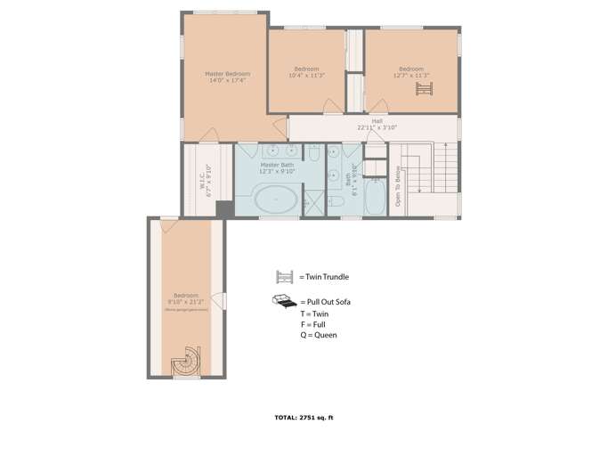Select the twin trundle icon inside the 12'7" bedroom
point(424,89)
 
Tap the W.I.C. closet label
point(205,179)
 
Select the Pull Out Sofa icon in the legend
point(285,302)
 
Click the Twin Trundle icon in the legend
point(286,277)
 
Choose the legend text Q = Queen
point(319,335)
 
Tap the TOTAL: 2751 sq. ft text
point(304,417)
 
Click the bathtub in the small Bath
point(375,199)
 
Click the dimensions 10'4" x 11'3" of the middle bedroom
point(306,76)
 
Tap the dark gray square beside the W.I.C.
point(224,208)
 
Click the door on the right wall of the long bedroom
point(224,303)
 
